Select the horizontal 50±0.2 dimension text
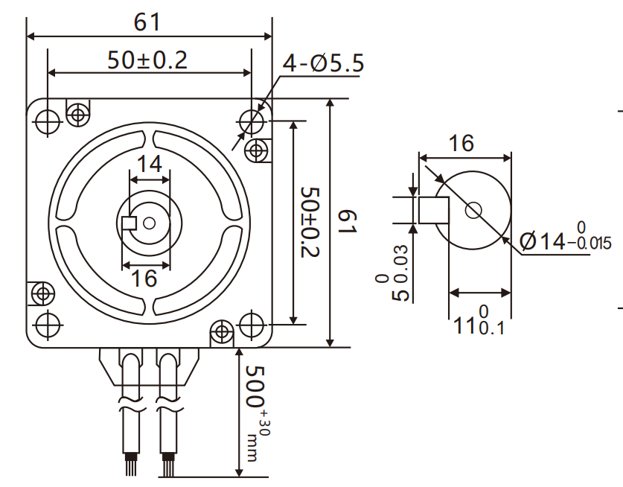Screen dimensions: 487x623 point(147,60)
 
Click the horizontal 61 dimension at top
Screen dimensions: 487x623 point(147,23)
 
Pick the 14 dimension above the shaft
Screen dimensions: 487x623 point(150,164)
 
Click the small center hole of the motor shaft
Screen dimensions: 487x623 point(150,222)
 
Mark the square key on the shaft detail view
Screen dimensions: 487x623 point(433,210)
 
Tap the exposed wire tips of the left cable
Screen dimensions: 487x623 point(131,466)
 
